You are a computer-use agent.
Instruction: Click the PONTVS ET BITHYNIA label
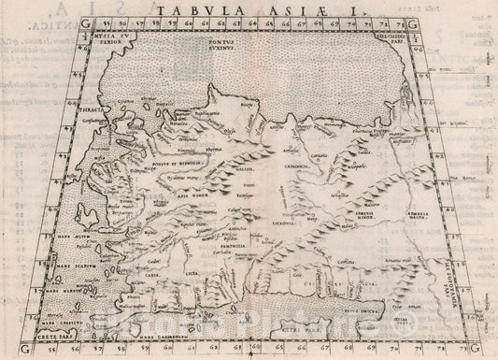click(183, 187)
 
